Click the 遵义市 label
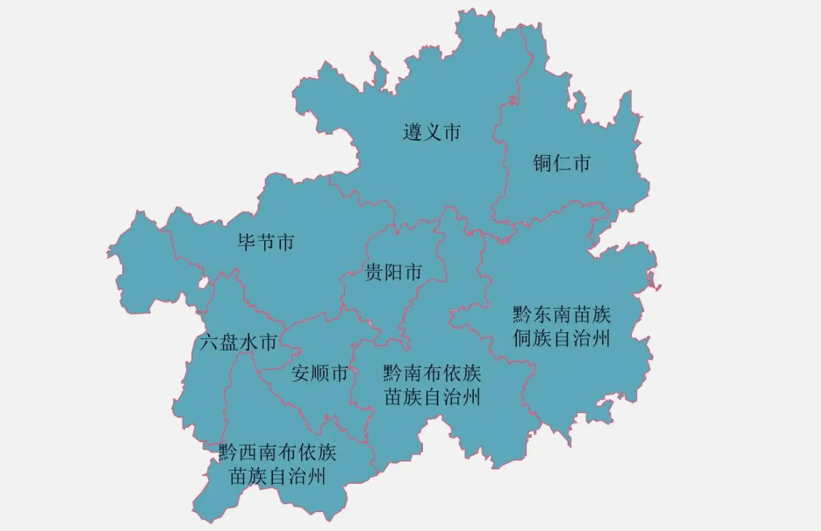pos(432,132)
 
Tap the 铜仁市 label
pos(561,163)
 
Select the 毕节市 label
pos(266,241)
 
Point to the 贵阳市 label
pos(394,273)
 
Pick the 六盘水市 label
pos(238,342)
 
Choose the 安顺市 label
pos(320,374)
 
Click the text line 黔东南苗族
pos(562,314)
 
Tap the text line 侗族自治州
pos(562,338)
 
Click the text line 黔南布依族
pos(432,373)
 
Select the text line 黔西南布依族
pos(277,452)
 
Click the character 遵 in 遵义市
pos(413,132)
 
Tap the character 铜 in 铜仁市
pos(542,163)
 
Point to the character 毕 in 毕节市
pos(247,241)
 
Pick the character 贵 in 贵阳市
pos(375,273)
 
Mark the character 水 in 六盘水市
pos(248,342)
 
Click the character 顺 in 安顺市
pos(320,374)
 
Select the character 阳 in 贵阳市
pos(394,273)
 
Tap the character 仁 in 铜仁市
pos(561,163)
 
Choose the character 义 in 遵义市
pos(432,132)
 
